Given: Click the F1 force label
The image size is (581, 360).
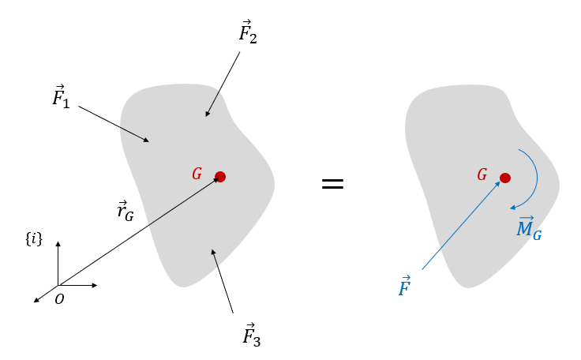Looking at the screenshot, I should (x=61, y=99).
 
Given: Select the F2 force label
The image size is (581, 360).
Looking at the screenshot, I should (x=248, y=33).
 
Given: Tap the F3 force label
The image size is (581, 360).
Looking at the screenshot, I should (x=251, y=335).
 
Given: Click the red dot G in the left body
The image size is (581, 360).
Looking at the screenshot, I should (x=220, y=177).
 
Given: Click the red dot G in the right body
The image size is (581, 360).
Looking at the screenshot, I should (x=504, y=178).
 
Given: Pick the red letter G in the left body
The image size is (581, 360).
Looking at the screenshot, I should (x=197, y=174).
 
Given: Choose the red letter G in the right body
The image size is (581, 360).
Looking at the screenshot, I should (x=482, y=174).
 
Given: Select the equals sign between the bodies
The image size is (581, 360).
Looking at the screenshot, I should (x=332, y=184).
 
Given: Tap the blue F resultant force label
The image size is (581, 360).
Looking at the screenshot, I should (x=404, y=287).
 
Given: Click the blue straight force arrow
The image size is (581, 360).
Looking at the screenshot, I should (x=461, y=225).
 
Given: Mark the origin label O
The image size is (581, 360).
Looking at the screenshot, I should (x=59, y=298).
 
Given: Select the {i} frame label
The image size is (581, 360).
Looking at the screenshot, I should (x=33, y=238).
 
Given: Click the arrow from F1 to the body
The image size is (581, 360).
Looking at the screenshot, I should (x=114, y=124).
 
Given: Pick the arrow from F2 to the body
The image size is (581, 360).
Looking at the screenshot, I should (x=223, y=85).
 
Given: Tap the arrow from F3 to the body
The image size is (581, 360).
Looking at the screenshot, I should (x=222, y=281).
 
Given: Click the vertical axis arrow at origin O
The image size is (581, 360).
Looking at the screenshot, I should (x=58, y=264).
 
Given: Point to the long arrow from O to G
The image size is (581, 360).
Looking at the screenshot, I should (x=138, y=231).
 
